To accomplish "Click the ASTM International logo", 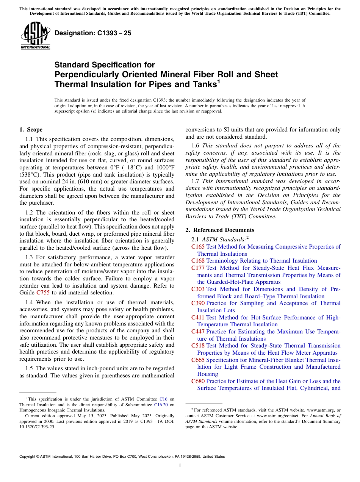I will point(35,35).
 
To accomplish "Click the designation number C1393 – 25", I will point(93,33).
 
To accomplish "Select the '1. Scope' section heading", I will point(31,130).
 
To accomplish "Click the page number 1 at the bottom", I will point(180,466).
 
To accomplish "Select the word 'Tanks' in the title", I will point(203,85).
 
